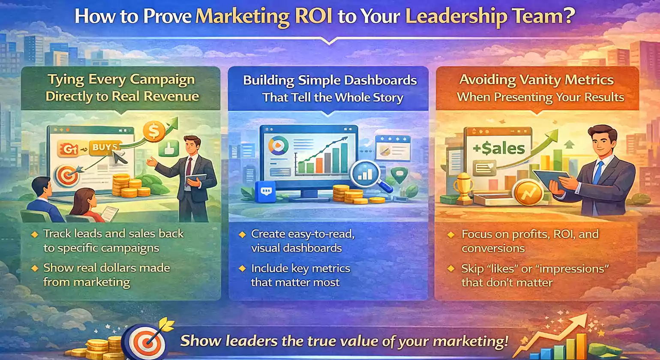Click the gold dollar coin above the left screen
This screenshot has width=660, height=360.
click(x=152, y=131)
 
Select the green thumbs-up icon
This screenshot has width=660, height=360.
click(x=168, y=149)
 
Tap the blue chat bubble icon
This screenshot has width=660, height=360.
click(x=264, y=191)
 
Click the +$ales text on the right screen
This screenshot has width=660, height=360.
click(x=499, y=149)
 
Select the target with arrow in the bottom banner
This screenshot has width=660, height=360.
click(x=144, y=342)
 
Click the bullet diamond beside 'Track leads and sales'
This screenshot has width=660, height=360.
click(x=35, y=234)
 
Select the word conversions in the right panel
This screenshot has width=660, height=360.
click(x=493, y=248)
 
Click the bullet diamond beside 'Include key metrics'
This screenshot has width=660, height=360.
click(x=242, y=269)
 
